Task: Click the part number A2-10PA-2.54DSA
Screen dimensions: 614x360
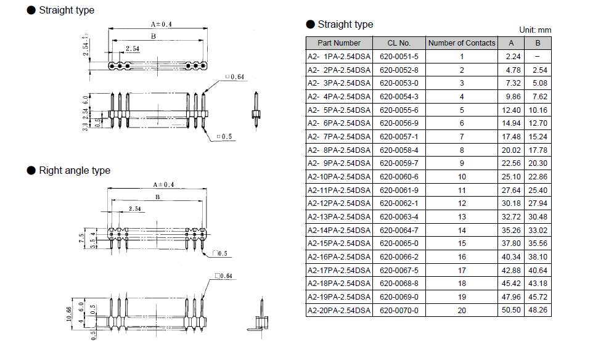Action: tap(338, 177)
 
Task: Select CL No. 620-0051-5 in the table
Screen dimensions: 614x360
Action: tap(399, 57)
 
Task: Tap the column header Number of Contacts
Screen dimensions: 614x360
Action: tap(462, 43)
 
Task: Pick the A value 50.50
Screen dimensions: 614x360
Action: tap(511, 310)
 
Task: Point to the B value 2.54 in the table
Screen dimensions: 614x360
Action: tap(539, 70)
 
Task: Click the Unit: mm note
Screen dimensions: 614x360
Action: tap(535, 30)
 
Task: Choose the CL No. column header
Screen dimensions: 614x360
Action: tap(399, 43)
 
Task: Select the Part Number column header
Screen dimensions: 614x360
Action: tap(339, 43)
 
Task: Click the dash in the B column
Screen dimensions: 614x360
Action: tap(538, 57)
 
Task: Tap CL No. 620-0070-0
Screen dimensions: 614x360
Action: tap(399, 310)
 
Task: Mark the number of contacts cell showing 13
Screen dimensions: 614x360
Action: tap(462, 216)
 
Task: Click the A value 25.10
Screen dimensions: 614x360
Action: tap(511, 177)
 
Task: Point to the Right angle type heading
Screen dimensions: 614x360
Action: tap(75, 170)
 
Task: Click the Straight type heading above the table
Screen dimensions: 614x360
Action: tap(345, 24)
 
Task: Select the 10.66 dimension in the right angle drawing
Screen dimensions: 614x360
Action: tap(69, 314)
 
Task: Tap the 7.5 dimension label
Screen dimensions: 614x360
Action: tap(81, 238)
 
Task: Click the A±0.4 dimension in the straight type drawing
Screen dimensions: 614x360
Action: tap(162, 24)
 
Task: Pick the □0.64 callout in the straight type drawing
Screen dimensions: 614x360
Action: tap(234, 77)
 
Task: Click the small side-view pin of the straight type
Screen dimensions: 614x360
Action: tap(256, 111)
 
